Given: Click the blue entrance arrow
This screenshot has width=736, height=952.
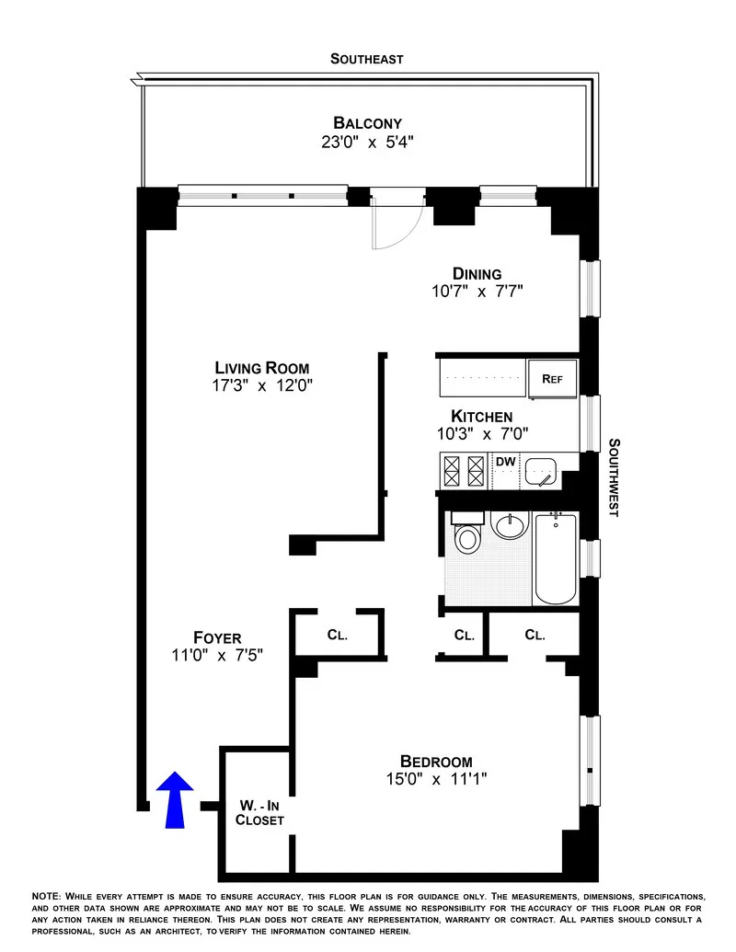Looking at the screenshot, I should (175, 796).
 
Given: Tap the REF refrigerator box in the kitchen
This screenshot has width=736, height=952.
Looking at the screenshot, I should (552, 378).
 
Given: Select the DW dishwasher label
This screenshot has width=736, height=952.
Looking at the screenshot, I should (505, 462).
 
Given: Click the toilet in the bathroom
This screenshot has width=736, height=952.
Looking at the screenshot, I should (468, 535).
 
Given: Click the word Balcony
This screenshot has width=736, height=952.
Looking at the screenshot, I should (367, 123).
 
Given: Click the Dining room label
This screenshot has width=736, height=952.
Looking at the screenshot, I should (477, 273).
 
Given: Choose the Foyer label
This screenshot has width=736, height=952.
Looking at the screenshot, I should (217, 637).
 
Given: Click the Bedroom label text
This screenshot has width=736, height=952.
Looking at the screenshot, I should (436, 761).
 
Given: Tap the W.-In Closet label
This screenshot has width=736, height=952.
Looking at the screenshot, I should (259, 811).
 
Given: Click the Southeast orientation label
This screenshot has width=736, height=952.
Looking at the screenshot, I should (367, 59).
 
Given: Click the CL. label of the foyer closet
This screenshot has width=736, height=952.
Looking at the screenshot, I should (337, 635).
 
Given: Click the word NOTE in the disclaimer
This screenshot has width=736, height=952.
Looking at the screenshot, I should (46, 896).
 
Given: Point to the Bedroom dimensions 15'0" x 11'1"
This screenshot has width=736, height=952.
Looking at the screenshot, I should (436, 779).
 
